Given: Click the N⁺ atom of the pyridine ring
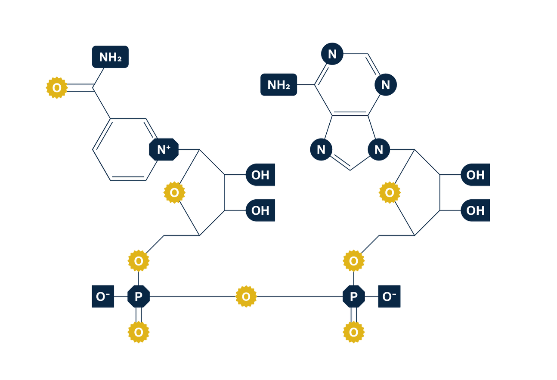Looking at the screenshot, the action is click(x=164, y=150).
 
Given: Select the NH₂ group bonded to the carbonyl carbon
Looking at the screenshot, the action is click(x=110, y=57).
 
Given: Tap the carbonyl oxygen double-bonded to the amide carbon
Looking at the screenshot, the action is click(x=57, y=88).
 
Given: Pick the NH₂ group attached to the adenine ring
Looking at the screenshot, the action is click(x=278, y=85).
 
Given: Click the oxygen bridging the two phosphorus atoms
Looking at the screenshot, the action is click(x=246, y=297).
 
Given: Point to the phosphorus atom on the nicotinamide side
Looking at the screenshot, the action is click(x=139, y=297).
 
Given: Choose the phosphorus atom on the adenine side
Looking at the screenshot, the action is click(x=353, y=297).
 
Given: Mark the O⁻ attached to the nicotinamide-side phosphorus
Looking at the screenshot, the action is click(x=103, y=297).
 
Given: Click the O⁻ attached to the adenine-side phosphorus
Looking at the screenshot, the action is click(x=389, y=297).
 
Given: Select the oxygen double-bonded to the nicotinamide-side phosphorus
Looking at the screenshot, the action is click(x=139, y=332).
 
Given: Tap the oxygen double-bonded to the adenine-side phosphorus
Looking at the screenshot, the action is click(x=353, y=332).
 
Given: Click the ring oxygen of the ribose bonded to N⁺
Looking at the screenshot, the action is click(x=174, y=192).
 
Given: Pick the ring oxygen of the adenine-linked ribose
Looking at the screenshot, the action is click(x=389, y=192).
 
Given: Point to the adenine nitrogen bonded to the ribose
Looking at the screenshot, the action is click(x=379, y=150).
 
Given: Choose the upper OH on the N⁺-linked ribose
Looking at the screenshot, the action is click(x=260, y=175).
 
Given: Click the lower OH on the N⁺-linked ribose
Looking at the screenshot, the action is click(x=260, y=210).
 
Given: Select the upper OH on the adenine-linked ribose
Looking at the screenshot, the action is click(x=475, y=175).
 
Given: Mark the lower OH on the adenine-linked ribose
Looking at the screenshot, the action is click(x=475, y=210).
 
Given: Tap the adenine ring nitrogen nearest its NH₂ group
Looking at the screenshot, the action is click(x=332, y=54).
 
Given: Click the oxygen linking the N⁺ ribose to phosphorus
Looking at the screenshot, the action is click(x=139, y=261).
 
